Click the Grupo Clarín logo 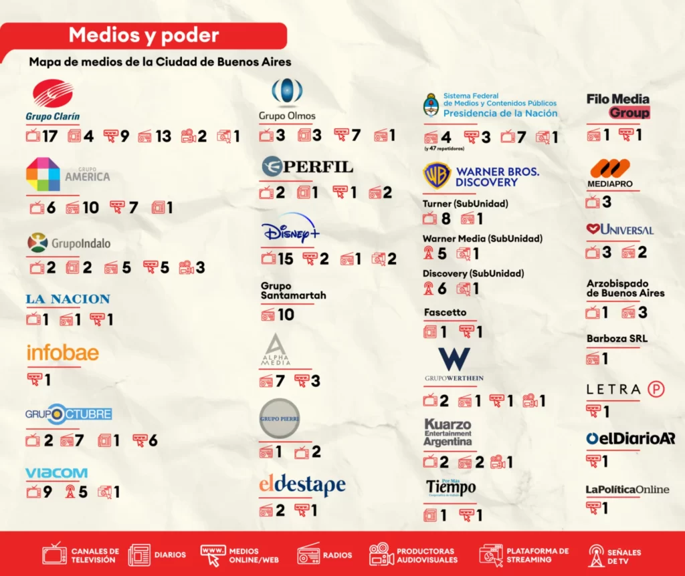tap(53, 101)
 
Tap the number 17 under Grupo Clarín tap(50, 136)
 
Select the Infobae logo tap(62, 352)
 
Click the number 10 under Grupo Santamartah tap(286, 314)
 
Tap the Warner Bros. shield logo tap(437, 176)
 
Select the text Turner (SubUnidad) tap(465, 203)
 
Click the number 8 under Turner tap(446, 219)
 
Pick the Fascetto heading tap(445, 312)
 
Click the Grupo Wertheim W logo tap(454, 359)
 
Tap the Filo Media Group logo tap(618, 106)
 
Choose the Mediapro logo tap(610, 172)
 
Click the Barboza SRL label tap(617, 338)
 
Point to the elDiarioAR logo tap(630, 438)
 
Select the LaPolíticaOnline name tap(627, 489)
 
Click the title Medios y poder tap(144, 35)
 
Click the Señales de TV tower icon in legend tap(596, 554)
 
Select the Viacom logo tap(56, 473)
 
